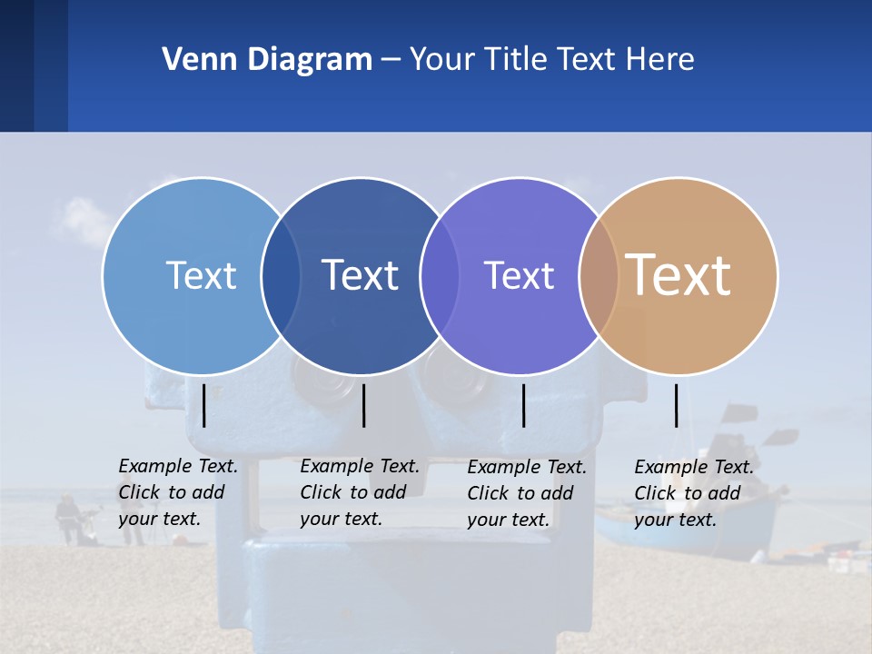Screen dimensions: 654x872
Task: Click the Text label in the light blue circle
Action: coord(201,275)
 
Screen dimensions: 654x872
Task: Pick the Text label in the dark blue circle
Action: coord(360,275)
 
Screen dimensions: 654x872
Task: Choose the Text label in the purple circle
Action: coord(519,275)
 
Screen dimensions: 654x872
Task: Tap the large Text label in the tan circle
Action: coord(678,274)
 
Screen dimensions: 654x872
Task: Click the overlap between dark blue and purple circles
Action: coord(440,276)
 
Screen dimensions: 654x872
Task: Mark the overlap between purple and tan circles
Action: coord(599,276)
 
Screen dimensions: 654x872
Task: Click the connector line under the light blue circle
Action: coord(204,405)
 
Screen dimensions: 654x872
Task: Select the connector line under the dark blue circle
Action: coord(363,405)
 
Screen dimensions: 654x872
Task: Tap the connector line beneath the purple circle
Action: coord(524,405)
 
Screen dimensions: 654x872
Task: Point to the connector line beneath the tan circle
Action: coord(676,405)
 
